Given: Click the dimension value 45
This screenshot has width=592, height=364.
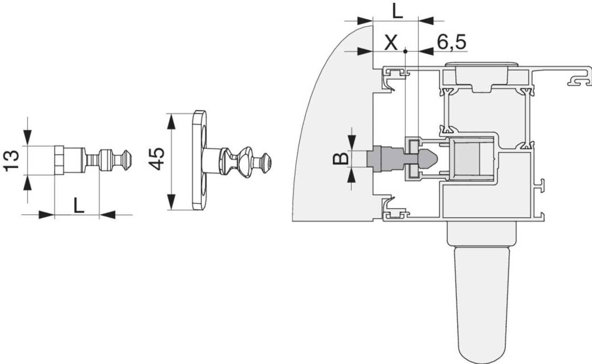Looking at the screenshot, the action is pos(157,159).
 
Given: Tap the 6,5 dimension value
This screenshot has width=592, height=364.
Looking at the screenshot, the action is pos(451,42).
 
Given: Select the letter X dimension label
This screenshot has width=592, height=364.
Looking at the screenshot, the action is pos(391,43).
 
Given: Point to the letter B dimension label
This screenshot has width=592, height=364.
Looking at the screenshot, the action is pos(341,159).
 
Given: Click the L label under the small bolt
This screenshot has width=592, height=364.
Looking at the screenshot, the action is pos(78,206).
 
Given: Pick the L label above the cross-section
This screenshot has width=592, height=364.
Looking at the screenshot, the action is pos(397,11).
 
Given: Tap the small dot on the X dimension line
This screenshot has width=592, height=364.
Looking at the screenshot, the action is pos(405,51).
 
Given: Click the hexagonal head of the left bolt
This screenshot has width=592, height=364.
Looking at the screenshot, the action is pos(59,160).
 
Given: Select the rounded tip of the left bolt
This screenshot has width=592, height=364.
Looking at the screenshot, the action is pos(128,160).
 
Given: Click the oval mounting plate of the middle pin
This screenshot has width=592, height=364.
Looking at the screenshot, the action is pos(199,160).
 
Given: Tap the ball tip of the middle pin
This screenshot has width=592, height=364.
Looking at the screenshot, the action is pos(266,163).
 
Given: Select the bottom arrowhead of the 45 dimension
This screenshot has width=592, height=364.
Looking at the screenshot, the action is pos(172,202).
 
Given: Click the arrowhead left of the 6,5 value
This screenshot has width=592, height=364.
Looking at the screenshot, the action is pos(426,51).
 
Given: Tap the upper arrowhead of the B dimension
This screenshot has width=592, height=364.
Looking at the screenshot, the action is pos(351,143).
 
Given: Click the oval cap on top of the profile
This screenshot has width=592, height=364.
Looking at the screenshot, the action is pos(481,64).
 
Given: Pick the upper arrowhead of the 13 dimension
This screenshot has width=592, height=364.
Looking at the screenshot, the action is pos(27,137).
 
